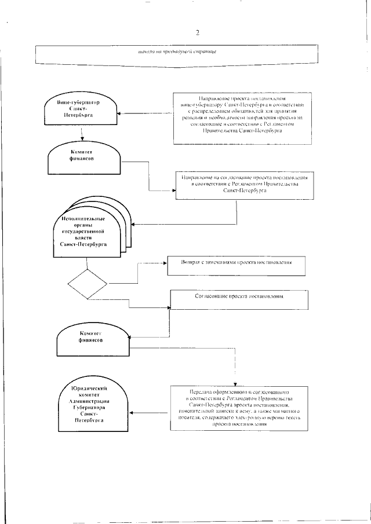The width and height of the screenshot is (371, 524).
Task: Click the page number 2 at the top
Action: tap(198, 32)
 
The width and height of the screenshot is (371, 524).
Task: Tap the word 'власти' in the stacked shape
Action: tap(88, 238)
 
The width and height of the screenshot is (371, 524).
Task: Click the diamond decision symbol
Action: tap(87, 284)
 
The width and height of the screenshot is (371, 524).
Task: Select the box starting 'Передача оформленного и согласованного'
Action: tap(243, 408)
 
